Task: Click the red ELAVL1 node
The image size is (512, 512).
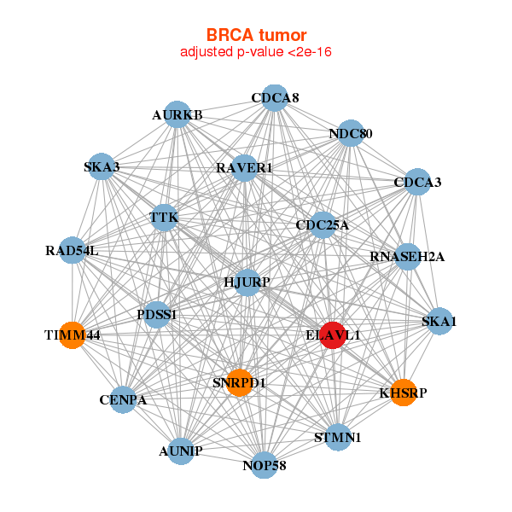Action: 333,335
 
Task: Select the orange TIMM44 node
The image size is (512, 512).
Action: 73,335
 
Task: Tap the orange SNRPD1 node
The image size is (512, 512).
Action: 239,382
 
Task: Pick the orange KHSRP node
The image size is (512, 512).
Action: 404,393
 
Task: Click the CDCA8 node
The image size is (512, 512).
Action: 275,98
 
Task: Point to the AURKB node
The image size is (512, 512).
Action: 177,114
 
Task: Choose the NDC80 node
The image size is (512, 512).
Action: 351,133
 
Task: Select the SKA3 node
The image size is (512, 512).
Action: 102,166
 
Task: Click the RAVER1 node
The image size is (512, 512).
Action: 244,168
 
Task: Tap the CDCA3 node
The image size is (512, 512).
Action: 417,182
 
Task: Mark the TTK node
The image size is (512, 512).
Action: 164,218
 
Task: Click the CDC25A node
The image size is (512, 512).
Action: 323,225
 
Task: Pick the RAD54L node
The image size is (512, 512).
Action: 73,250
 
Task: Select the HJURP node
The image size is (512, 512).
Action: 247,282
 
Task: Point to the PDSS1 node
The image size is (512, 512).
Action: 157,315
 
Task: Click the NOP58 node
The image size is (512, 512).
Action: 265,465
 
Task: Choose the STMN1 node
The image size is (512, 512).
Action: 338,437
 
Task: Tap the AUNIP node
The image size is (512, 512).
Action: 181,451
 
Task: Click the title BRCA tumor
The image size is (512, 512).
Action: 256,35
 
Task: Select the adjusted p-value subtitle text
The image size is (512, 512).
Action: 256,52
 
